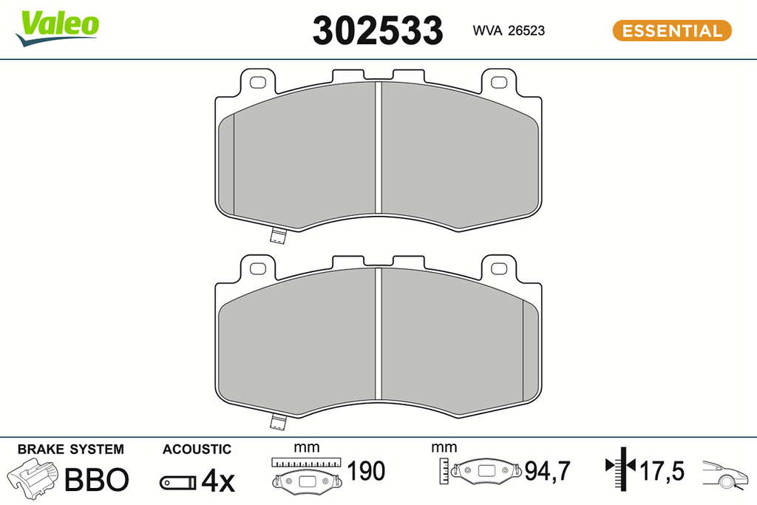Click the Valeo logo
point(57,28)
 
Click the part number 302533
point(378,30)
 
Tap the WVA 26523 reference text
point(509,30)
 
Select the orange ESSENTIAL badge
point(672,30)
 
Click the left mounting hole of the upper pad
point(258,83)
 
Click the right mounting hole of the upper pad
point(499,83)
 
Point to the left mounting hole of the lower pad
point(258,268)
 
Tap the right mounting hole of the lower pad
point(499,268)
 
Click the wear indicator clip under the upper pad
point(278,235)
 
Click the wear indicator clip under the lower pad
point(278,421)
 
